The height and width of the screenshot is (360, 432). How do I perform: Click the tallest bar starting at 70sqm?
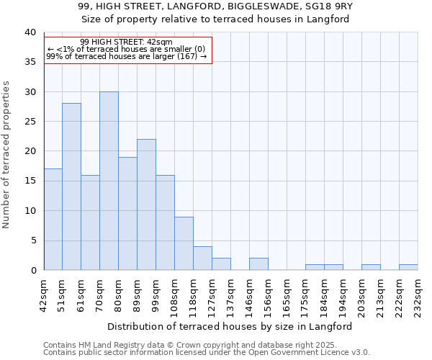(x=109, y=181)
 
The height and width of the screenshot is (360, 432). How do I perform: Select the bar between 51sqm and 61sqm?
(x=71, y=186)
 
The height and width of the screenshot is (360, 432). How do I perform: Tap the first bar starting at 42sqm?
(x=53, y=220)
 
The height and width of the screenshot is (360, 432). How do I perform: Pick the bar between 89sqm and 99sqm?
(x=146, y=204)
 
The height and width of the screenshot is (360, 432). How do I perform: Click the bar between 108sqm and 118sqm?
(x=184, y=243)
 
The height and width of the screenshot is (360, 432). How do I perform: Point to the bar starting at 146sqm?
(x=258, y=264)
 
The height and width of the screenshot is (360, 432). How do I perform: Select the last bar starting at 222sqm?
(x=408, y=267)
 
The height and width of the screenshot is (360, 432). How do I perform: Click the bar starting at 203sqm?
(x=371, y=267)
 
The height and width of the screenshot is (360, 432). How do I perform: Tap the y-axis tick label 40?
(x=30, y=32)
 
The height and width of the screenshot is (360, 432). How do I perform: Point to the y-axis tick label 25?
(x=30, y=122)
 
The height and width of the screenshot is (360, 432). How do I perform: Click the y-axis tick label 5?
(x=32, y=240)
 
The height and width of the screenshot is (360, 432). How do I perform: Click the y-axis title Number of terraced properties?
(x=6, y=154)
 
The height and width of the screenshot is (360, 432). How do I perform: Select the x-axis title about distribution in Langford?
(x=230, y=326)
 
